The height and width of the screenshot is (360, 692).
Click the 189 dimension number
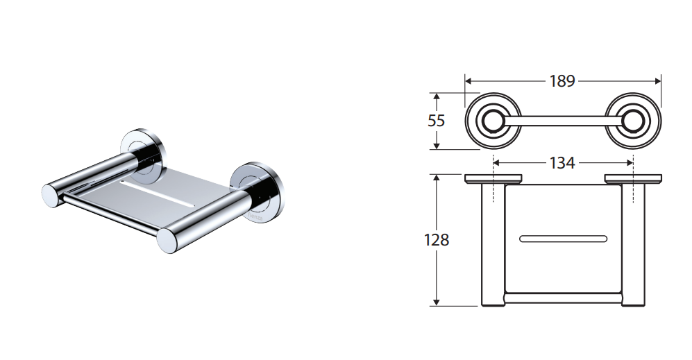tap(562, 81)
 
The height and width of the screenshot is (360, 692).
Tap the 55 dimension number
tap(436, 121)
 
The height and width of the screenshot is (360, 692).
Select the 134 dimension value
tap(562, 163)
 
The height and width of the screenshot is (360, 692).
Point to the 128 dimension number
tap(437, 240)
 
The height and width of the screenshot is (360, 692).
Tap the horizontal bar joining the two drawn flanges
tap(563, 121)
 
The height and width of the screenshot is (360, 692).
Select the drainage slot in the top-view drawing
tap(563, 239)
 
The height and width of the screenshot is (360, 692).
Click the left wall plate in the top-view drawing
tap(493, 179)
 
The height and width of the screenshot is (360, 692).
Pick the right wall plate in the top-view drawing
tap(633, 179)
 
